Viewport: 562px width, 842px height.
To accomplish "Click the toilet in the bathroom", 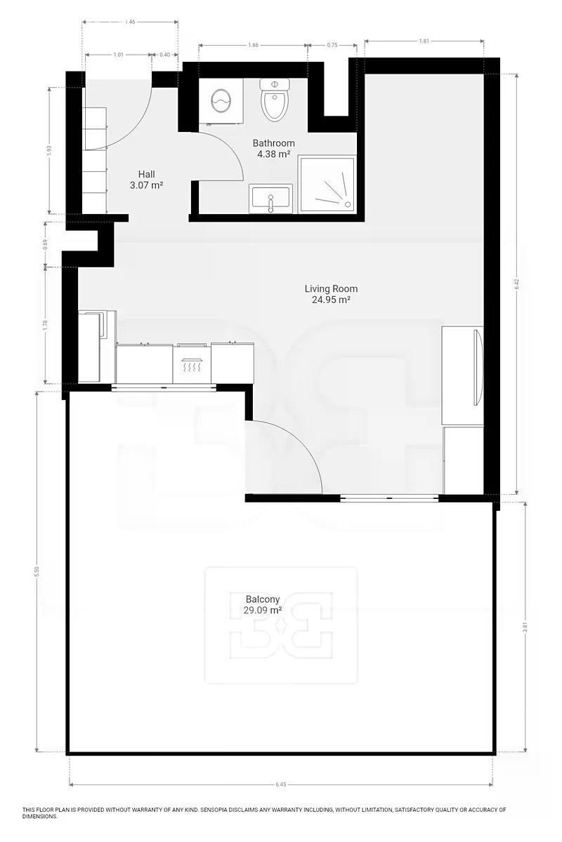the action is pos(275,100).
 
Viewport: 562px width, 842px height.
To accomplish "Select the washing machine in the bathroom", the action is pos(221,101).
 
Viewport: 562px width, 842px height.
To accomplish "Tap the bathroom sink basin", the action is pos(270,199).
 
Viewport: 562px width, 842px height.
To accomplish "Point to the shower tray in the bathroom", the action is pos(327,184).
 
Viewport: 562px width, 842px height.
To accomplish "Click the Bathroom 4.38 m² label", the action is pos(274,149).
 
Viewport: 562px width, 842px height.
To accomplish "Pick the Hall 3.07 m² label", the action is pos(146,180).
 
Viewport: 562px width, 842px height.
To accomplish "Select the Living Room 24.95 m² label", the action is pos(332,294).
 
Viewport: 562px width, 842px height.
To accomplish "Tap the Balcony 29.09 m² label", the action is pos(263,604).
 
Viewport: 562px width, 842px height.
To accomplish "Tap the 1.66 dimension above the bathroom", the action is pos(253,45).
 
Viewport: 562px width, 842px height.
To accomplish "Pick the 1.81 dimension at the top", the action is pos(424,41).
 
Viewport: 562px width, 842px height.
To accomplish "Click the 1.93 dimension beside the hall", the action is pos(49,150).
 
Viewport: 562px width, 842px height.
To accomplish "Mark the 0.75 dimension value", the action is pos(332,45).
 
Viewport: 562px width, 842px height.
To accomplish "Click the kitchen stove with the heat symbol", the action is pos(192,363).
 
